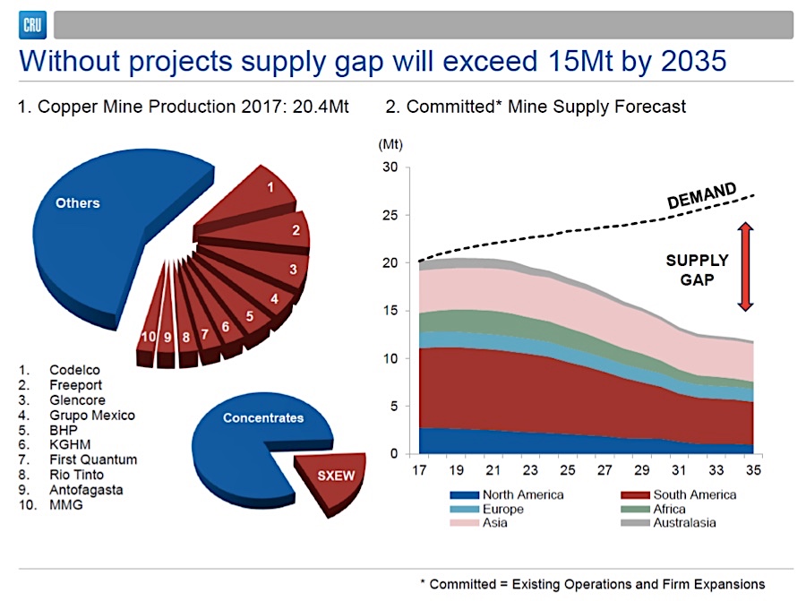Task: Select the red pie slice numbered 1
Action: tap(270, 191)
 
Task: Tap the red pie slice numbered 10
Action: tap(145, 338)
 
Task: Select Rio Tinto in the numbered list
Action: tap(78, 474)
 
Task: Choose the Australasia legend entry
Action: tap(685, 523)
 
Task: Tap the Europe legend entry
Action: tap(502, 509)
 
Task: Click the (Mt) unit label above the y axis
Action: tap(390, 142)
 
